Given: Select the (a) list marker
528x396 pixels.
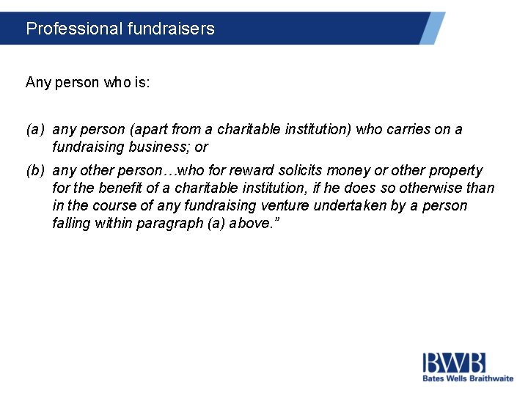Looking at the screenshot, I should coord(34,130).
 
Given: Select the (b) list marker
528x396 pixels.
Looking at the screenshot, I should coord(34,170).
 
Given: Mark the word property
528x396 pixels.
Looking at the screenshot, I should coord(458,170).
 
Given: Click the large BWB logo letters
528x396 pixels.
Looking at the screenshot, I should coord(453,362).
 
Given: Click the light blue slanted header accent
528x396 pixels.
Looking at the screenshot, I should coord(433,28).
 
